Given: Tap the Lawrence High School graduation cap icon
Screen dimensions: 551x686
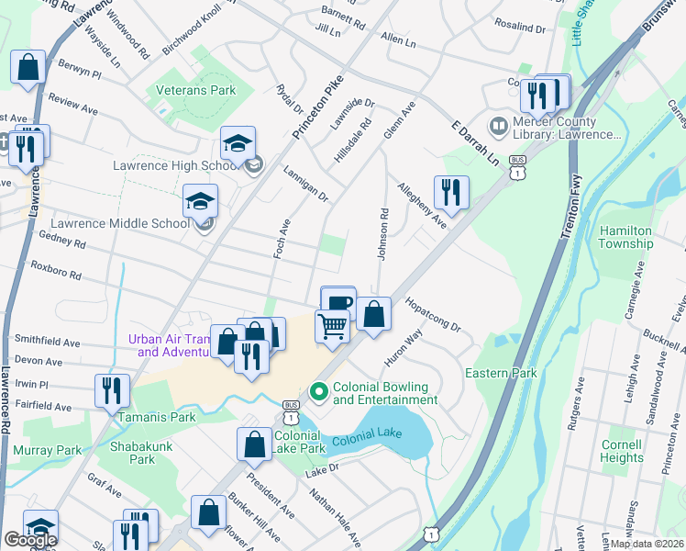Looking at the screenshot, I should click(x=238, y=143).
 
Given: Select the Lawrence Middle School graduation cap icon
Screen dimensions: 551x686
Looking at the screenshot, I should click(x=201, y=201).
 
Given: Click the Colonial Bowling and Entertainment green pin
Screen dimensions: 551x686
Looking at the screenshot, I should click(x=319, y=392).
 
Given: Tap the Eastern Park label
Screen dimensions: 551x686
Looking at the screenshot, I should click(x=500, y=374).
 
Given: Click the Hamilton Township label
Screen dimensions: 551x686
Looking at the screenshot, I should click(x=625, y=237).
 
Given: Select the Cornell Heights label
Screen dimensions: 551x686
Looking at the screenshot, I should click(x=622, y=451).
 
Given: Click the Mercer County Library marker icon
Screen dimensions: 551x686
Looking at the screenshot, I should click(x=499, y=123).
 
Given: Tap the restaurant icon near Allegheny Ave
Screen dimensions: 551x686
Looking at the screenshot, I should click(x=450, y=192).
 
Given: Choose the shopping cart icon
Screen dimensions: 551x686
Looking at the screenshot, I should click(x=332, y=325).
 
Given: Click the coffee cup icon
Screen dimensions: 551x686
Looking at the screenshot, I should click(x=338, y=302).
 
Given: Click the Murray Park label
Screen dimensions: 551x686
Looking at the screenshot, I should click(x=48, y=450).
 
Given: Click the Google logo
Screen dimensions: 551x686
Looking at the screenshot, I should click(x=30, y=540).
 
